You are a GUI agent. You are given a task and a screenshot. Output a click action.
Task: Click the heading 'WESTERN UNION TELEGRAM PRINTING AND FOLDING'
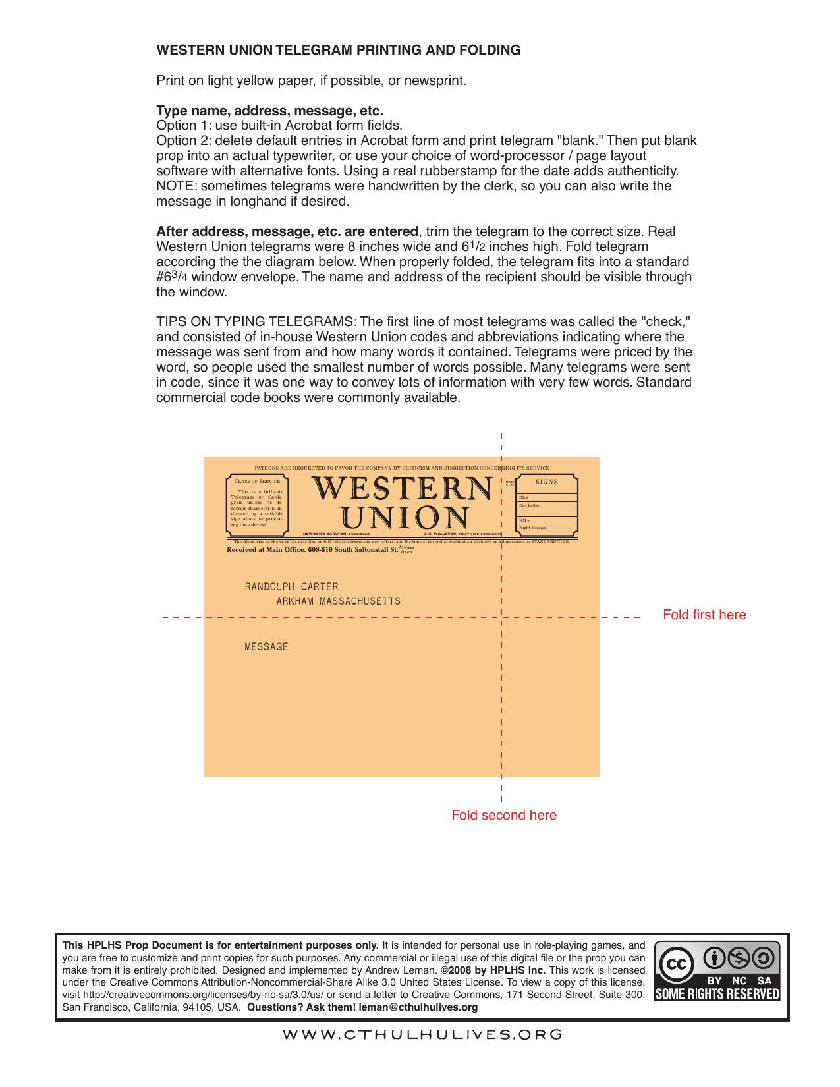(338, 50)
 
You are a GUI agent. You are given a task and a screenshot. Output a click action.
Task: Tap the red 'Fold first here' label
(704, 615)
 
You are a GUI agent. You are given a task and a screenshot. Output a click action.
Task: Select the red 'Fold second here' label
(503, 815)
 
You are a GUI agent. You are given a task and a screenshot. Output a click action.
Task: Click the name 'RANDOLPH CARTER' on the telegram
(291, 586)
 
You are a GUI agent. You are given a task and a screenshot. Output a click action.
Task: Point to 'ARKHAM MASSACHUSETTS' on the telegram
(338, 601)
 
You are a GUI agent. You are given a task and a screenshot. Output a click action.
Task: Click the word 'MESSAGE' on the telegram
(266, 646)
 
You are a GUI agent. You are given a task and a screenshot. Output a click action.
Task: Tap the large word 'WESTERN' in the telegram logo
(401, 488)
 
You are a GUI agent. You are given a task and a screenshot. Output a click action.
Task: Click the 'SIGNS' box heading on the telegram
(547, 482)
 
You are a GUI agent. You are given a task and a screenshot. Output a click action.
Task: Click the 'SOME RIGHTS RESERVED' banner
(717, 993)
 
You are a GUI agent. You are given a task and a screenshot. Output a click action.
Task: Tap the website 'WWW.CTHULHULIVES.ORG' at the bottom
(422, 1034)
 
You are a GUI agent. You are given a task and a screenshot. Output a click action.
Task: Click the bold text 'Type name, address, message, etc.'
(269, 110)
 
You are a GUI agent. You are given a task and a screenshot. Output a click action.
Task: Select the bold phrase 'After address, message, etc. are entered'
(287, 231)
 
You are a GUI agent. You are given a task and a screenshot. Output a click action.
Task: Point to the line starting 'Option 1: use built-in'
(279, 125)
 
